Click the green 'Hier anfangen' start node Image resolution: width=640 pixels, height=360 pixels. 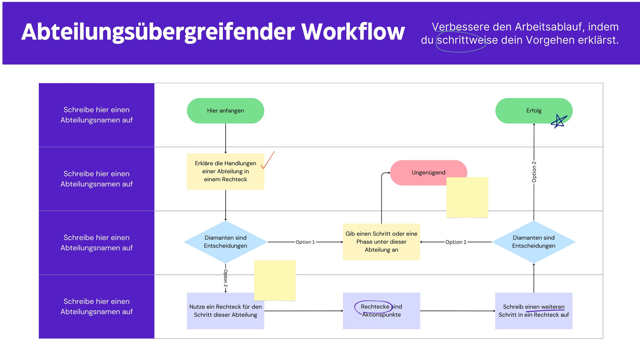pyautogui.click(x=226, y=111)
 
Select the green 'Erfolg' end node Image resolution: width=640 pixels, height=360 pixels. pyautogui.click(x=534, y=111)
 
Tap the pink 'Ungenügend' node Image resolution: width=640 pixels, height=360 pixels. pyautogui.click(x=428, y=172)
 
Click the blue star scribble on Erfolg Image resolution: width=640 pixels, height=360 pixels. pyautogui.click(x=559, y=121)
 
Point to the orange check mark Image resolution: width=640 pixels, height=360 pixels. pyautogui.click(x=268, y=160)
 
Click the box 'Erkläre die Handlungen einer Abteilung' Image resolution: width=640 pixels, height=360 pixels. pyautogui.click(x=226, y=172)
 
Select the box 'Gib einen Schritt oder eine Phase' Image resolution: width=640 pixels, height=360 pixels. pyautogui.click(x=382, y=242)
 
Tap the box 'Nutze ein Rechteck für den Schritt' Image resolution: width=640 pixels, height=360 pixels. pyautogui.click(x=226, y=311)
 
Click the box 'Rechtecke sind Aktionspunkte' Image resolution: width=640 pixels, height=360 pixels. pyautogui.click(x=382, y=311)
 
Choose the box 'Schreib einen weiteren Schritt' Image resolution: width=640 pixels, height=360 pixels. pyautogui.click(x=534, y=311)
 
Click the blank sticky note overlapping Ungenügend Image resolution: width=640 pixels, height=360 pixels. pyautogui.click(x=467, y=198)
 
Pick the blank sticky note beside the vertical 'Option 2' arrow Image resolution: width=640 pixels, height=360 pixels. pyautogui.click(x=275, y=280)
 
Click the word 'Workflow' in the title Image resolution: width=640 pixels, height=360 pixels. pyautogui.click(x=353, y=32)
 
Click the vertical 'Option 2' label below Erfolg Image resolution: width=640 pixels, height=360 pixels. pyautogui.click(x=534, y=172)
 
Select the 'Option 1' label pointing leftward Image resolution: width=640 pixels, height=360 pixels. pyautogui.click(x=456, y=242)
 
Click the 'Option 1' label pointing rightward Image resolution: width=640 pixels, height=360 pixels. pyautogui.click(x=305, y=242)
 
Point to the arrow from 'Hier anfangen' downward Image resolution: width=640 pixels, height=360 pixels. pyautogui.click(x=226, y=138)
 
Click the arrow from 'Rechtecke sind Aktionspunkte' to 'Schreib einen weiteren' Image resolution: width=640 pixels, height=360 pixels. pyautogui.click(x=458, y=311)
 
